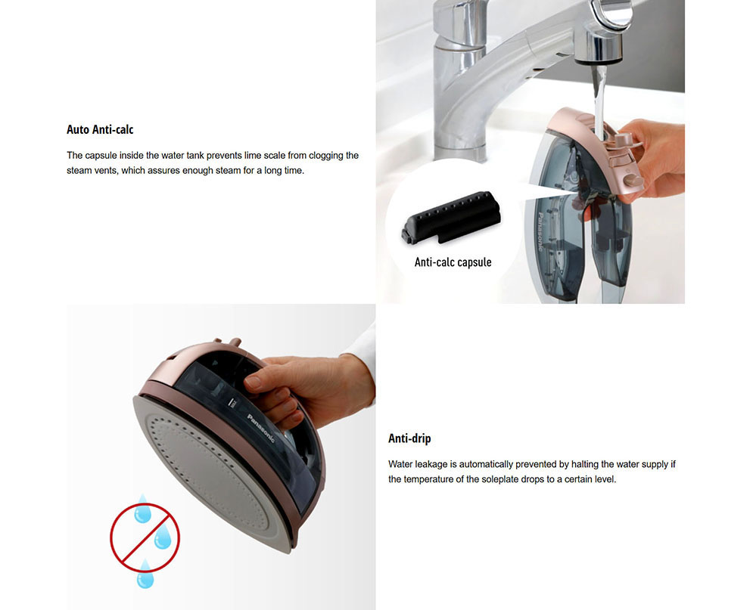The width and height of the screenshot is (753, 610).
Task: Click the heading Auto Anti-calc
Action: point(100,129)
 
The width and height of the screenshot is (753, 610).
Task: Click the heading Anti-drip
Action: point(409,438)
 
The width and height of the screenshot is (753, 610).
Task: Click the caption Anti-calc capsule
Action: point(453,262)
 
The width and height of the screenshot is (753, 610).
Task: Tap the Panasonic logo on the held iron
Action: point(261,429)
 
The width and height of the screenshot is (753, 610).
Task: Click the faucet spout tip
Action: point(599,58)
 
